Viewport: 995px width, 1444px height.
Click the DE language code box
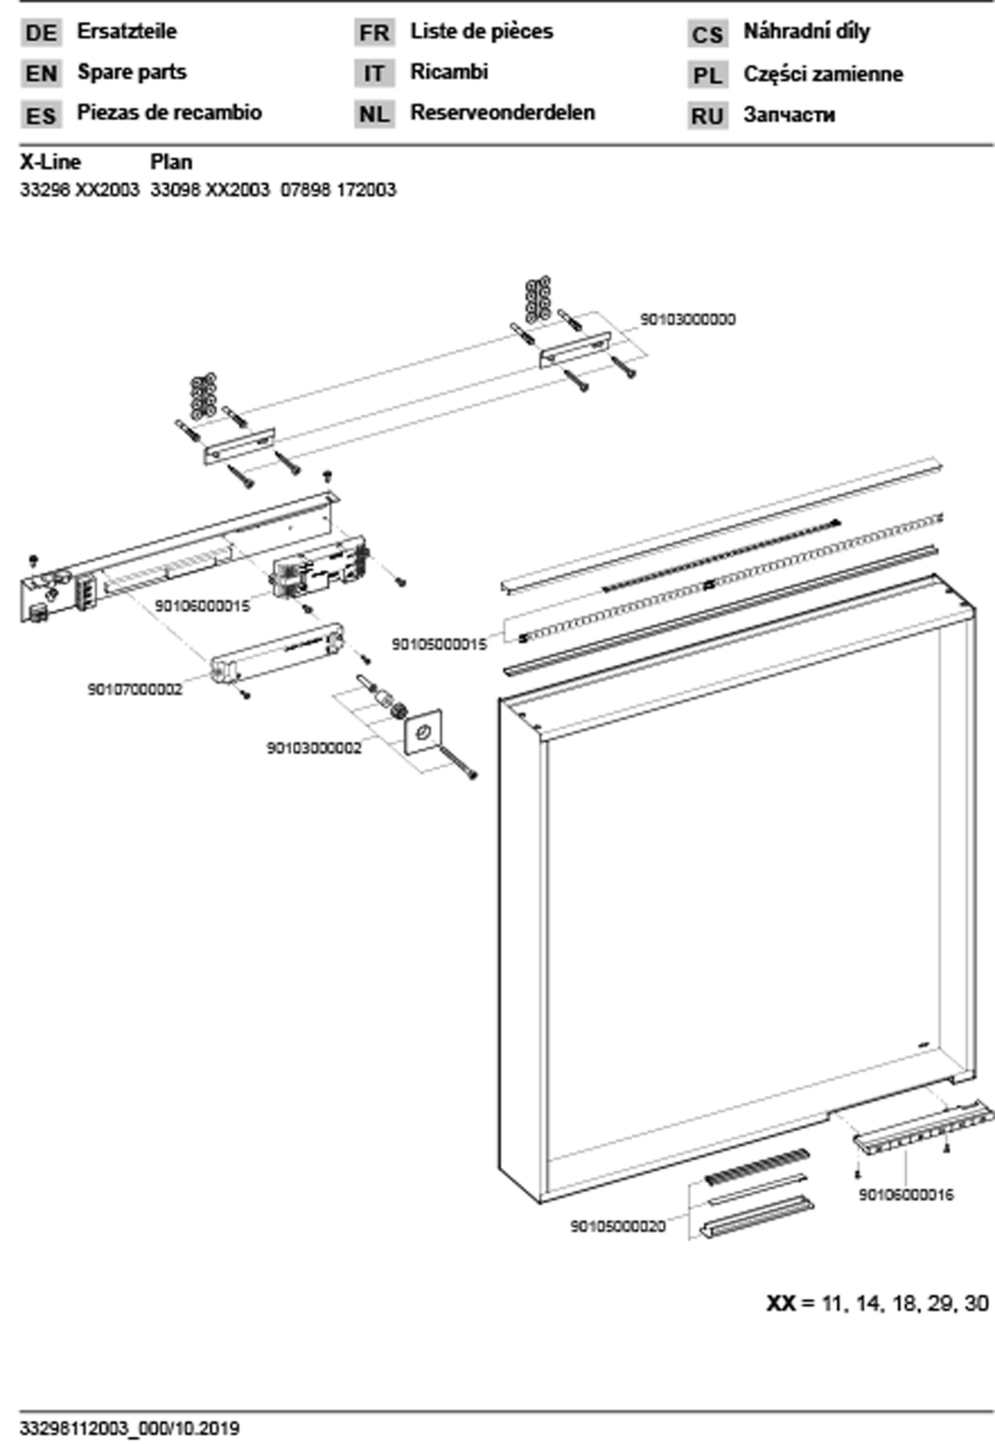(x=41, y=32)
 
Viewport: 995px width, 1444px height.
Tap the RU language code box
(x=708, y=116)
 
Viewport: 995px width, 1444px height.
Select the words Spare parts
(x=131, y=72)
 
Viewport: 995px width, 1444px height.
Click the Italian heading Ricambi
(x=449, y=72)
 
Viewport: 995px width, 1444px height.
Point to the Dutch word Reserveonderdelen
(x=503, y=113)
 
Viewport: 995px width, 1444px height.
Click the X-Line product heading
(x=51, y=162)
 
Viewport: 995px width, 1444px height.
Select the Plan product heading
(x=171, y=162)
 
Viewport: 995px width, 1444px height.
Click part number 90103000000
(x=688, y=319)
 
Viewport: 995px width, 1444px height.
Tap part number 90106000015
(x=202, y=606)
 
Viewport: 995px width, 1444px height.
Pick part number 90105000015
(x=439, y=645)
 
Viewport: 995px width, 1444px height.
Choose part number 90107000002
(x=135, y=689)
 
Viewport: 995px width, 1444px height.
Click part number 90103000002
(x=314, y=748)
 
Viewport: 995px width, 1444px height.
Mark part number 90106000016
(x=906, y=1195)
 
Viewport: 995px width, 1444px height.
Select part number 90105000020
(x=618, y=1226)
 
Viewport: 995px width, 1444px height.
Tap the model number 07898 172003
(x=338, y=190)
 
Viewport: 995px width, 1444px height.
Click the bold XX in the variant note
(x=780, y=1303)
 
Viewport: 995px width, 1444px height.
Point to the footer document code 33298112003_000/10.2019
(x=129, y=1428)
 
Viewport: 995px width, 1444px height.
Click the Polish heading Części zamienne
(x=823, y=74)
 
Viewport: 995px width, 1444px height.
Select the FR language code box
(x=374, y=32)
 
